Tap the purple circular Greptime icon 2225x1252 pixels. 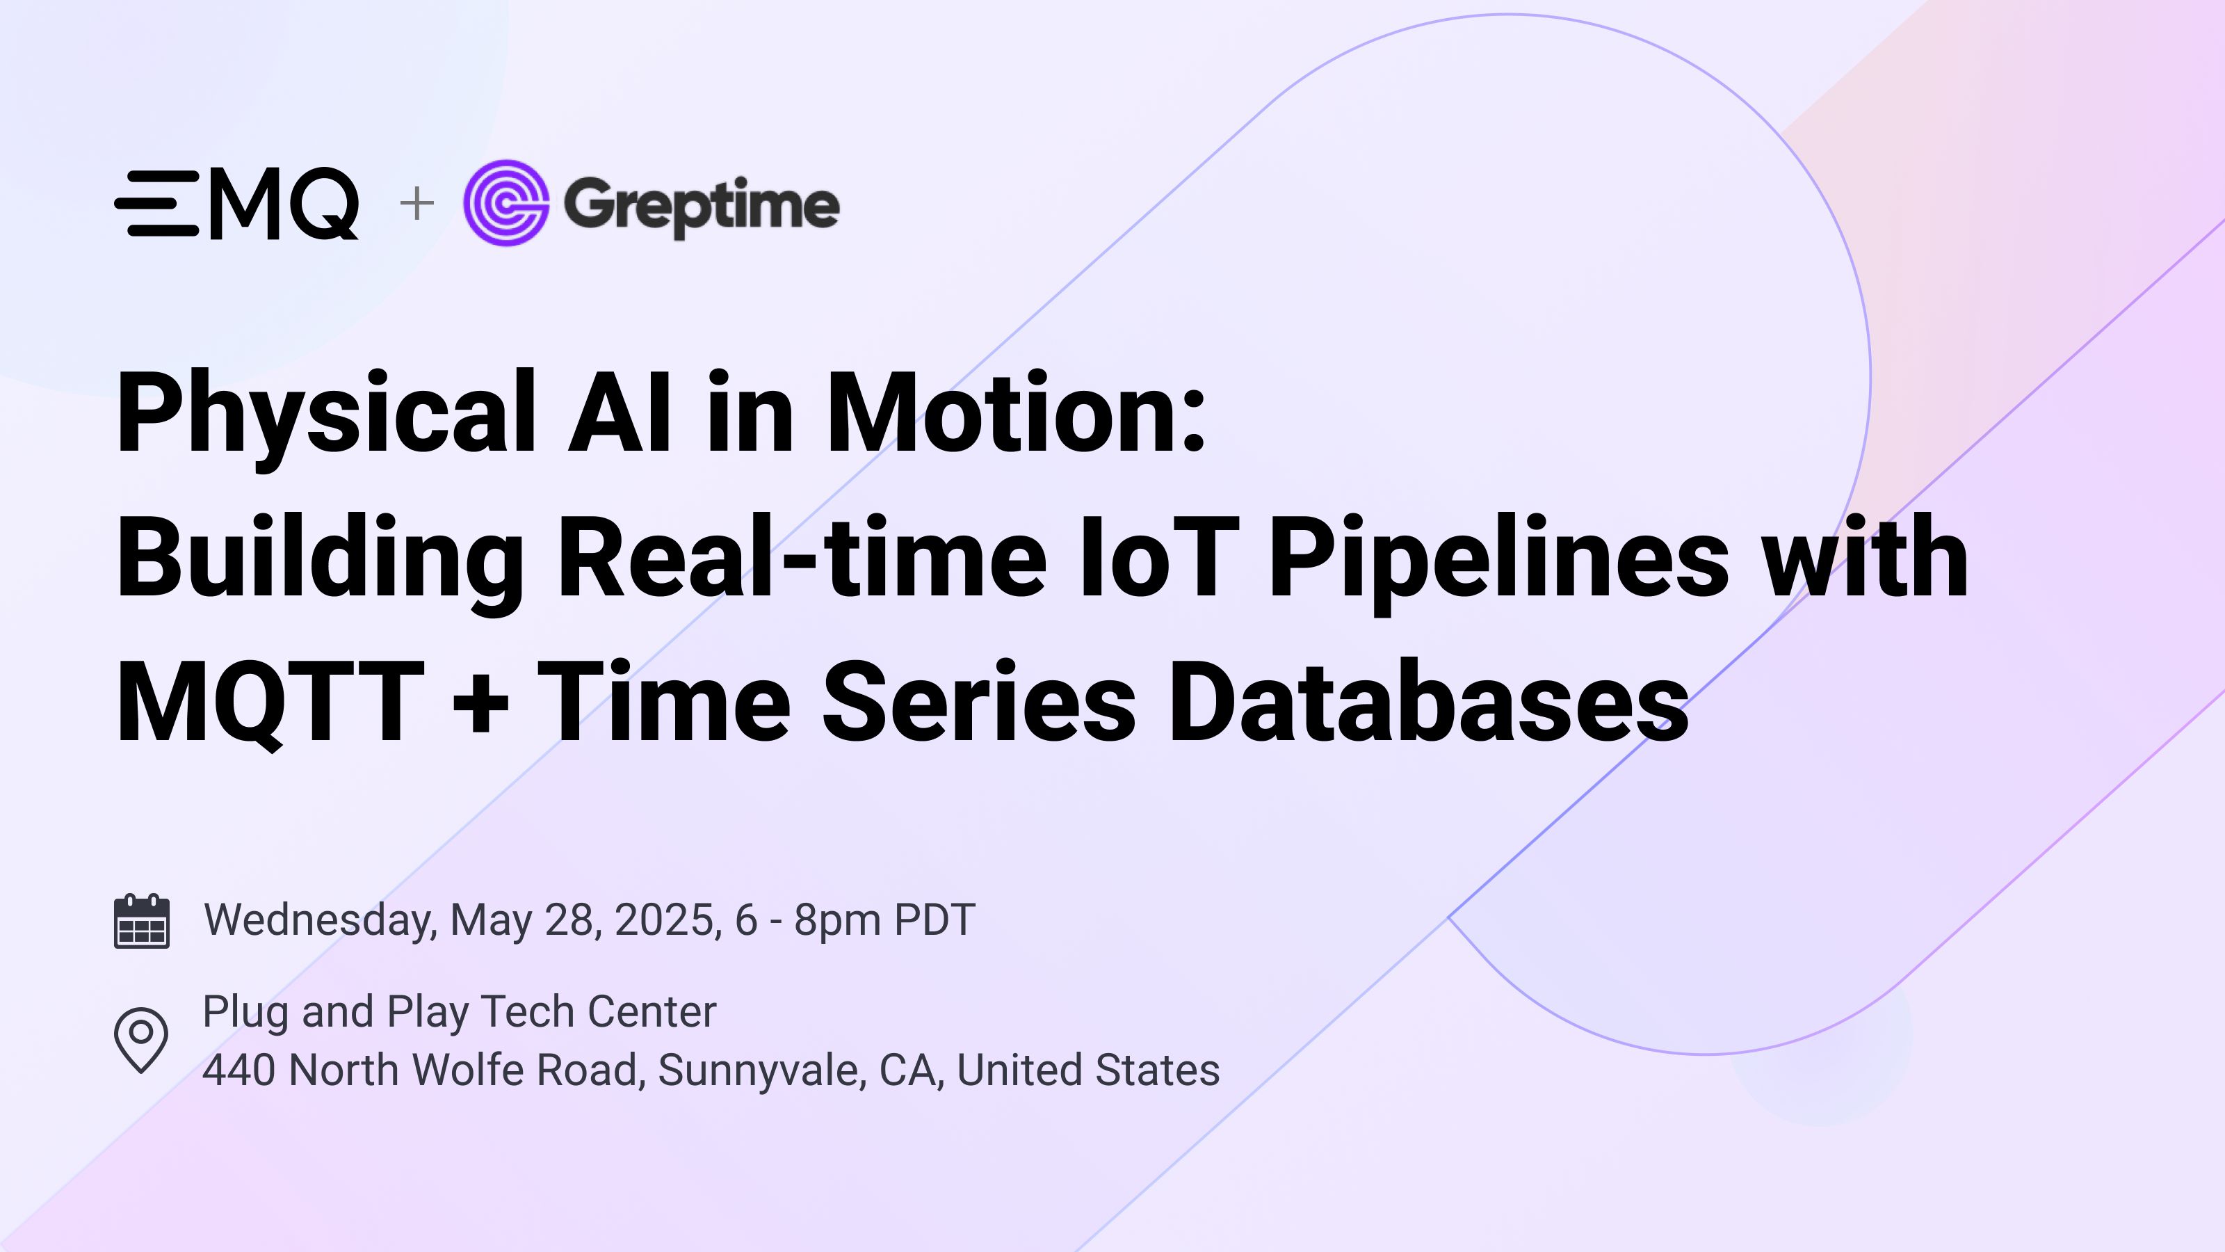(x=506, y=203)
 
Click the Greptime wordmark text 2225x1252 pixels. (x=700, y=206)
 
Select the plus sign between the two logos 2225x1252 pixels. (x=417, y=204)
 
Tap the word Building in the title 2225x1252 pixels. (x=320, y=558)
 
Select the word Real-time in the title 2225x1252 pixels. (x=802, y=556)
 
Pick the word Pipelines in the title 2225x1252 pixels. (x=1498, y=558)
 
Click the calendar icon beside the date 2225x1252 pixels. (x=142, y=921)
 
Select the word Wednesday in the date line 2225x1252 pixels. (x=320, y=920)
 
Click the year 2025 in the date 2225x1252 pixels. (x=666, y=920)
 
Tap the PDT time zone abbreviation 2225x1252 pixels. (x=934, y=920)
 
